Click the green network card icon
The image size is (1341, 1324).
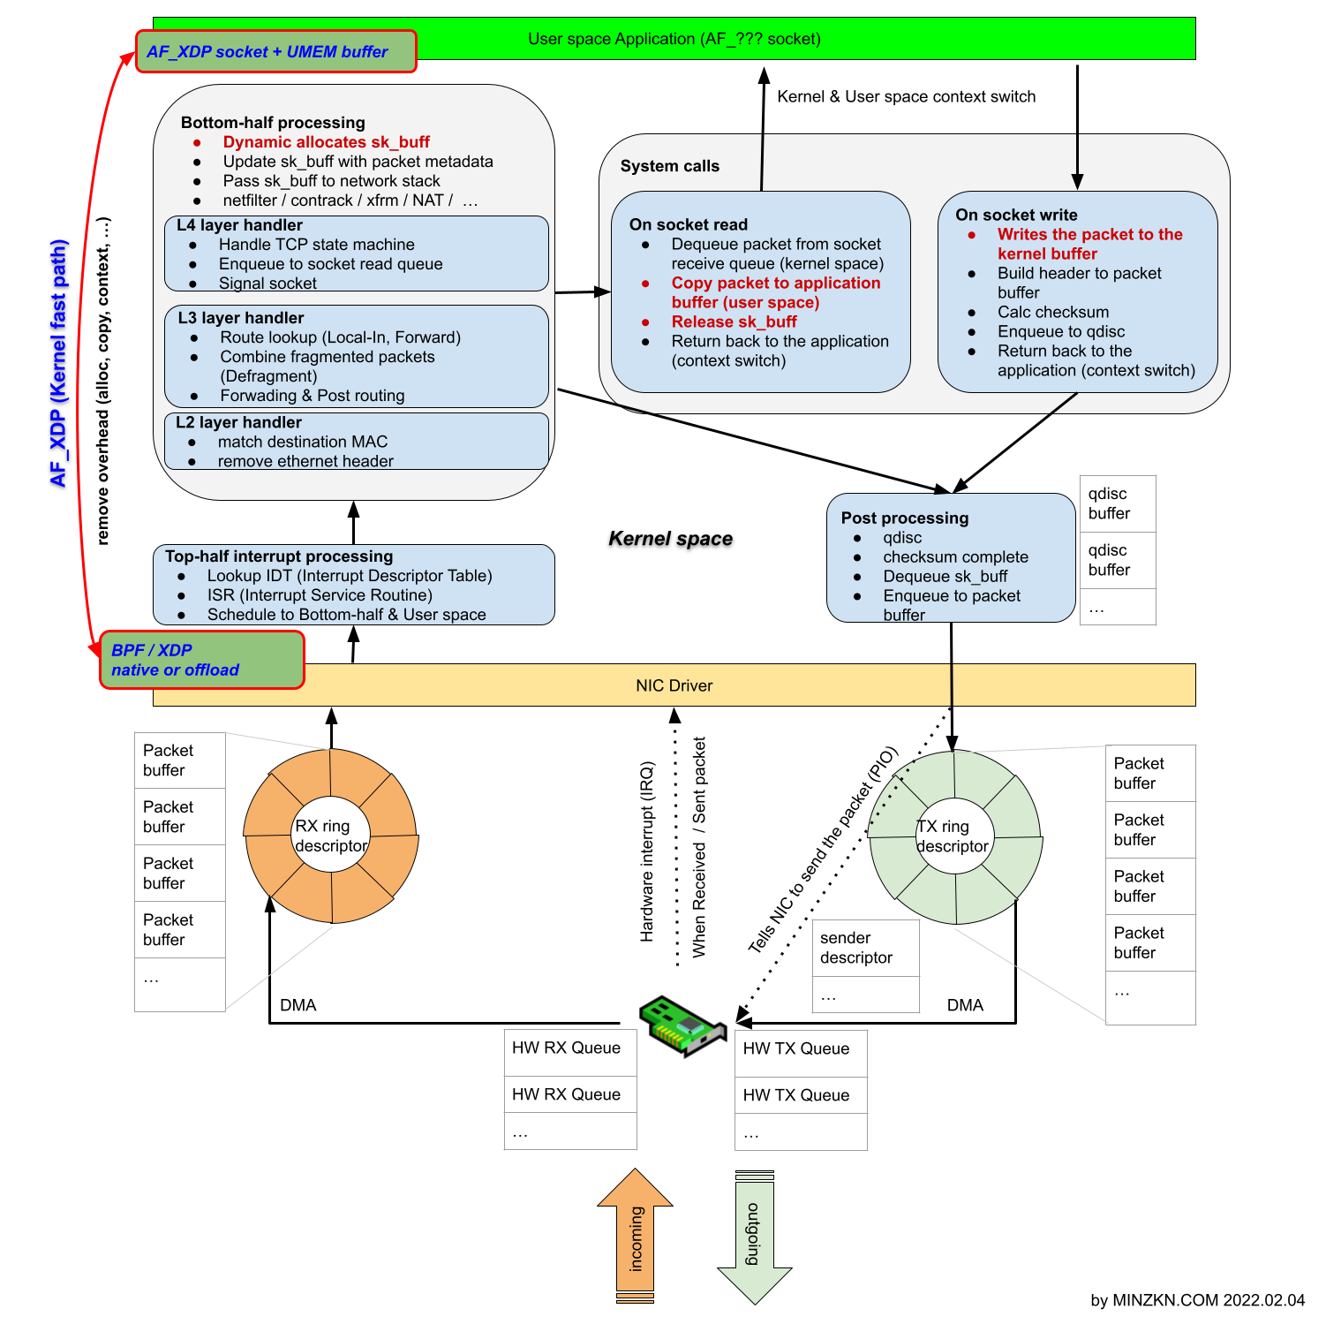pyautogui.click(x=682, y=1025)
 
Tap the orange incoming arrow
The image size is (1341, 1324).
pyautogui.click(x=636, y=1237)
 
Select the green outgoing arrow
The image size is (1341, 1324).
pyautogui.click(x=754, y=1237)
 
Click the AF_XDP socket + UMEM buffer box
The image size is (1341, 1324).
pyautogui.click(x=275, y=52)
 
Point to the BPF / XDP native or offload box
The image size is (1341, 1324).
pyautogui.click(x=201, y=660)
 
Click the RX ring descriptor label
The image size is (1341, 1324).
pyautogui.click(x=330, y=836)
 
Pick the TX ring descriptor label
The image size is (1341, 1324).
pyautogui.click(x=953, y=836)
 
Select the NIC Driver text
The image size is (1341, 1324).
pyautogui.click(x=674, y=685)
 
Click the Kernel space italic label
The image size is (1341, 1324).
pyautogui.click(x=670, y=539)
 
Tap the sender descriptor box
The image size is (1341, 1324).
pyautogui.click(x=864, y=948)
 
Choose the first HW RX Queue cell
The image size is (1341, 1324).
pyautogui.click(x=569, y=1048)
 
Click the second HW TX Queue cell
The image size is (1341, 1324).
pyautogui.click(x=800, y=1095)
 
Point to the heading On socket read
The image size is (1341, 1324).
pyautogui.click(x=688, y=224)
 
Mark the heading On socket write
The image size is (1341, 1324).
pyautogui.click(x=1016, y=215)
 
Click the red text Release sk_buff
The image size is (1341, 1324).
pyautogui.click(x=734, y=322)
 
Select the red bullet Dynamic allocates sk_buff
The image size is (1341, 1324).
pyautogui.click(x=326, y=142)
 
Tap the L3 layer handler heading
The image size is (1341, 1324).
pyautogui.click(x=241, y=318)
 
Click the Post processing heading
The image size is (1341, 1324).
pyautogui.click(x=904, y=518)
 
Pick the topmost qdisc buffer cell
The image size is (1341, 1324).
pyautogui.click(x=1117, y=503)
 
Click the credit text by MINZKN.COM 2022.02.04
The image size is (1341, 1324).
pyautogui.click(x=1197, y=1300)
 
